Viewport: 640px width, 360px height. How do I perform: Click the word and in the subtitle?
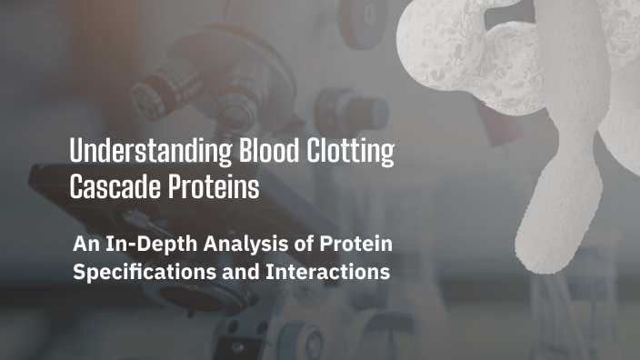[x=238, y=271]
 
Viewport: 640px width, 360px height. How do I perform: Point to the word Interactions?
[x=325, y=271]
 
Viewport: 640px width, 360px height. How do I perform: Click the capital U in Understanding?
[x=77, y=152]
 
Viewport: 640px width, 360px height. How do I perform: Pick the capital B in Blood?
[x=217, y=152]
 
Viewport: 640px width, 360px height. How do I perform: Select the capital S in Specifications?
[x=78, y=271]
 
